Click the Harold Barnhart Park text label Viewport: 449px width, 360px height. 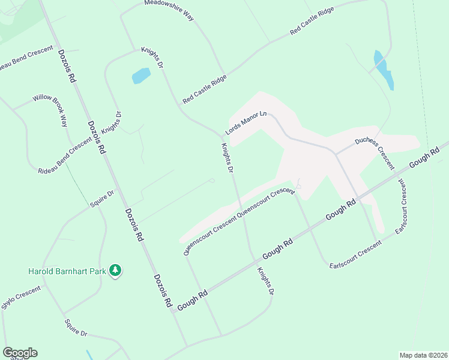[x=66, y=271]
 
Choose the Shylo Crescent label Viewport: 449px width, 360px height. [x=21, y=298]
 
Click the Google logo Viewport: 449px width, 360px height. [x=20, y=353]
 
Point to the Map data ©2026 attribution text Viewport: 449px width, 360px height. [x=424, y=355]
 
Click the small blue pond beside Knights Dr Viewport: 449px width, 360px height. [x=140, y=76]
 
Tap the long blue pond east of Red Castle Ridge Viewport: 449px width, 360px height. [x=384, y=70]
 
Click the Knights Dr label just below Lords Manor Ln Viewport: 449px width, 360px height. [x=226, y=158]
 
